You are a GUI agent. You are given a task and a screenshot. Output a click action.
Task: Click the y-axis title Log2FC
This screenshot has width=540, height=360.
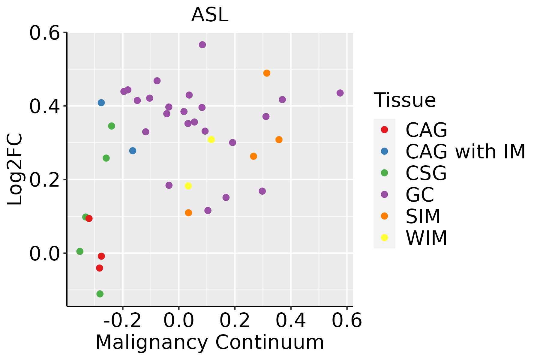(15, 169)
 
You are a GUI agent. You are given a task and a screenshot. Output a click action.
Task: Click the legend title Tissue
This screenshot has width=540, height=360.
(405, 100)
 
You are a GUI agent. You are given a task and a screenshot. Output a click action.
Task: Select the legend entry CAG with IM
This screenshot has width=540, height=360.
(465, 151)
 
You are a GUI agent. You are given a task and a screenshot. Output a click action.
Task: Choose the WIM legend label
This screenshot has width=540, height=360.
(426, 238)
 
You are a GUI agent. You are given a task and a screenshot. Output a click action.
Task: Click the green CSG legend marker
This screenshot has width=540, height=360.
(384, 173)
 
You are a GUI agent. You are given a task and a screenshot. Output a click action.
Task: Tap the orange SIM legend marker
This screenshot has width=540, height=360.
(384, 216)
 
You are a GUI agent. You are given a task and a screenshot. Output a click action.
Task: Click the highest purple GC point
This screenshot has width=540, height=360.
(202, 45)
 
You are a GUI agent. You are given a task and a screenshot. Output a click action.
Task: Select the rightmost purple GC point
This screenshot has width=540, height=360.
(340, 93)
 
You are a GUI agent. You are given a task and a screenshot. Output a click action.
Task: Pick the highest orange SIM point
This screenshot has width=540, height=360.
(267, 73)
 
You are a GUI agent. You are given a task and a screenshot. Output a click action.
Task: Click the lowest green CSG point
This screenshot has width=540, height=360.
(100, 294)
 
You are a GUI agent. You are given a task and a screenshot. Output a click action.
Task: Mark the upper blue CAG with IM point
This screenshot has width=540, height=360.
(101, 103)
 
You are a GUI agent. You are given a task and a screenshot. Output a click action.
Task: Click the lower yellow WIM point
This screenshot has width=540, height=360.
(188, 186)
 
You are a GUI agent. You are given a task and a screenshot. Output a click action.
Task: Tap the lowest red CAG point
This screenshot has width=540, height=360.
(100, 268)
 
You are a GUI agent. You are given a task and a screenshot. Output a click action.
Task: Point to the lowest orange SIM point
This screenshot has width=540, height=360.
(188, 213)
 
